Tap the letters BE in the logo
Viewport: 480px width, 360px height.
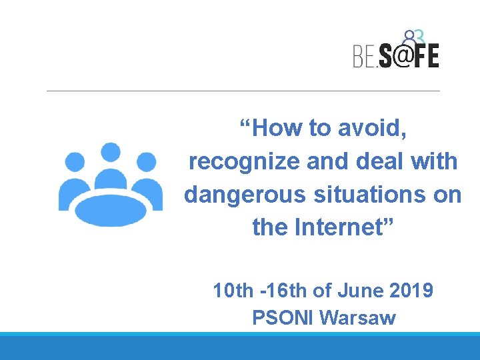point(365,56)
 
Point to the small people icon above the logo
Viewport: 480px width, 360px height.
point(413,37)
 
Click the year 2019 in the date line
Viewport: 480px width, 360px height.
point(411,291)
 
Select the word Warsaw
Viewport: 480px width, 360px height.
point(358,318)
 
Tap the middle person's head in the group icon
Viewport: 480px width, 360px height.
point(110,153)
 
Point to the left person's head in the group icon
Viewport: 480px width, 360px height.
point(75,162)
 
